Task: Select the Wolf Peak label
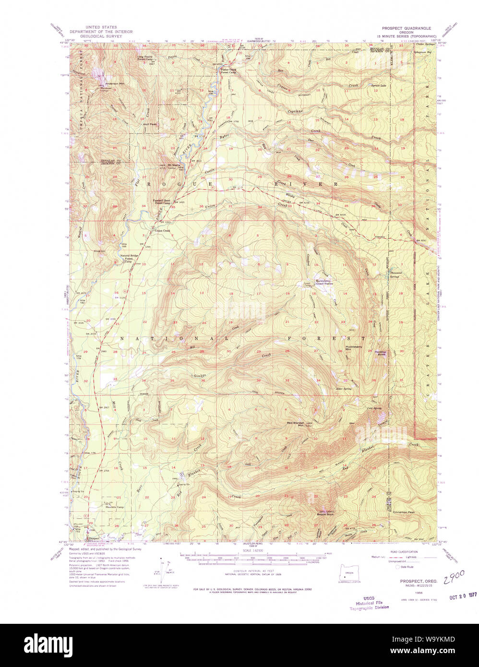coord(150,124)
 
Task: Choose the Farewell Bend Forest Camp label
coord(162,202)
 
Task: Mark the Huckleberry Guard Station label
coord(323,282)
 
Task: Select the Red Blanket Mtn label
coord(296,424)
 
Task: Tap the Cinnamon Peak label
coord(407,512)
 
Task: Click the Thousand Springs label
coord(395,275)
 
